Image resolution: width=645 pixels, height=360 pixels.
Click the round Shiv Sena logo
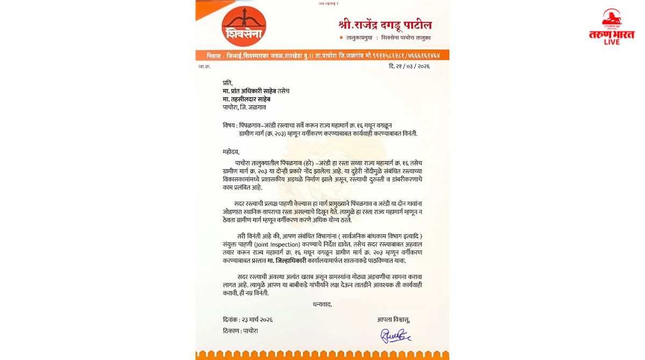(x=243, y=26)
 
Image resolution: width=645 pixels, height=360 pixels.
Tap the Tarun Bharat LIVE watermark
(x=612, y=28)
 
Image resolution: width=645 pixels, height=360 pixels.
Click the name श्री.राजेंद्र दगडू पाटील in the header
(x=385, y=25)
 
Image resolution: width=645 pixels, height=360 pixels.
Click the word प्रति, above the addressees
(x=228, y=83)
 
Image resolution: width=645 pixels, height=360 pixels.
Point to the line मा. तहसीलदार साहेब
(x=247, y=99)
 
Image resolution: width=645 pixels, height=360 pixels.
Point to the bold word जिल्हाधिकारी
(x=291, y=260)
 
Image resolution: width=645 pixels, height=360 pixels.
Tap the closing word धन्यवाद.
(x=322, y=304)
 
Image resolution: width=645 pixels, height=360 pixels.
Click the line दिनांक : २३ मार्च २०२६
(x=248, y=319)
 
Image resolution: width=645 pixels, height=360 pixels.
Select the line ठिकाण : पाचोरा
(x=240, y=331)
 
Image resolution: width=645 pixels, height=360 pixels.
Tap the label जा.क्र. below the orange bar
(x=204, y=67)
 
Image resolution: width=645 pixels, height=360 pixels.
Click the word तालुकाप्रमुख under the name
(x=362, y=38)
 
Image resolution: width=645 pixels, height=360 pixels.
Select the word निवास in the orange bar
(x=217, y=55)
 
